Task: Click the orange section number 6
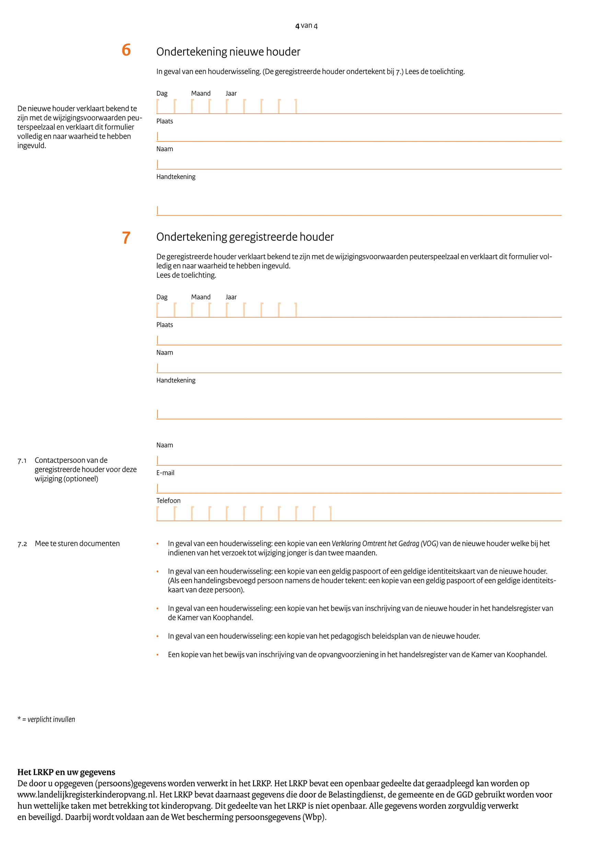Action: pyautogui.click(x=126, y=50)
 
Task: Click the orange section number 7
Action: pyautogui.click(x=126, y=238)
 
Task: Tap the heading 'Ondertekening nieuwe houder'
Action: pyautogui.click(x=228, y=52)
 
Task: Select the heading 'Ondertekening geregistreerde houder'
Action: pyautogui.click(x=245, y=237)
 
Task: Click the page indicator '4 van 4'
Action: pyautogui.click(x=306, y=25)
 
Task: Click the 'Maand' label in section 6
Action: pyautogui.click(x=201, y=94)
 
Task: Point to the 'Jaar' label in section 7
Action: pyautogui.click(x=231, y=297)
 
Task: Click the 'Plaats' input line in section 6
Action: pyautogui.click(x=359, y=136)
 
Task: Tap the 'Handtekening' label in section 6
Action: pyautogui.click(x=176, y=177)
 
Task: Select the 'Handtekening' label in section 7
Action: pyautogui.click(x=176, y=380)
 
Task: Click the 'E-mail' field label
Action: pyautogui.click(x=165, y=473)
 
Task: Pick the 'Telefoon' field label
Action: pyautogui.click(x=168, y=500)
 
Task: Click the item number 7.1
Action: pyautogui.click(x=22, y=461)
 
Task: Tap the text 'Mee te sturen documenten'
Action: pyautogui.click(x=77, y=544)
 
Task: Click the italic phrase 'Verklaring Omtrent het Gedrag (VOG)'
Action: pyautogui.click(x=385, y=544)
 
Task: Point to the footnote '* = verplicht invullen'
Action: pyautogui.click(x=46, y=719)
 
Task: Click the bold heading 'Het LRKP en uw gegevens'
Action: pyautogui.click(x=66, y=772)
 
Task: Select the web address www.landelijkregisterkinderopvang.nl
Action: pyautogui.click(x=87, y=795)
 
